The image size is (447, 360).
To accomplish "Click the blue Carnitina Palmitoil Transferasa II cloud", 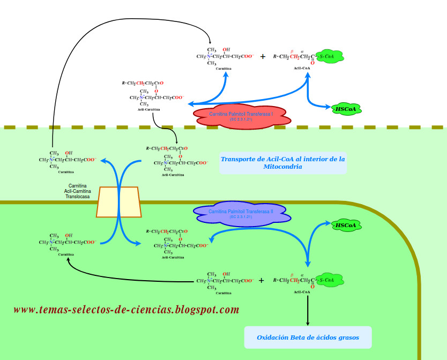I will [x=241, y=214].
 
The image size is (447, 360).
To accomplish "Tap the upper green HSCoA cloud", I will [x=346, y=109].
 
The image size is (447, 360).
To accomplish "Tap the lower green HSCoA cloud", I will [x=346, y=226].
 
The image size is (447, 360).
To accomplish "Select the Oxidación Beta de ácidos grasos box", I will [x=308, y=337].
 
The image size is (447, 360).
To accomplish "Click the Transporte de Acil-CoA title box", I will [x=283, y=162].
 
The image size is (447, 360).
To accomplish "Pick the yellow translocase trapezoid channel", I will [x=119, y=201].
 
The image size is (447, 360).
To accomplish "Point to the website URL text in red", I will [x=126, y=310].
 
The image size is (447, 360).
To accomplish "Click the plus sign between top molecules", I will [x=263, y=56].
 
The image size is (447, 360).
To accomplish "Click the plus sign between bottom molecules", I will [x=262, y=280].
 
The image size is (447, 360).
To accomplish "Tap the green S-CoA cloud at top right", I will [x=328, y=56].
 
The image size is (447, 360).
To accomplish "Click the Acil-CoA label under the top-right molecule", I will [x=302, y=69].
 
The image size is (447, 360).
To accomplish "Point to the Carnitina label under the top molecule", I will [x=223, y=69].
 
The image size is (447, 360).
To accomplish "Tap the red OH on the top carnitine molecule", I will [x=227, y=50].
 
